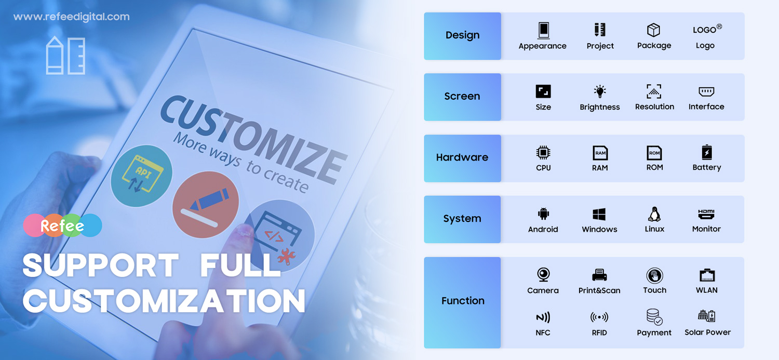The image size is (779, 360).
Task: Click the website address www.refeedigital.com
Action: [71, 17]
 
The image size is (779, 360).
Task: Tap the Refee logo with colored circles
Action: [63, 225]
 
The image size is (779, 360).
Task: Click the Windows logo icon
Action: [599, 214]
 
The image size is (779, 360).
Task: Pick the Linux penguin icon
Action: [654, 214]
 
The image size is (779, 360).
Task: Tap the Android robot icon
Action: [543, 214]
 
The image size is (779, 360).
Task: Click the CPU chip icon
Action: [543, 153]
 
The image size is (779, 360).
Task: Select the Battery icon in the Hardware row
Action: [707, 152]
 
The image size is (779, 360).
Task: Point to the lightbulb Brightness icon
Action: [599, 91]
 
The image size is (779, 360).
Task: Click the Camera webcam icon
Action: [543, 275]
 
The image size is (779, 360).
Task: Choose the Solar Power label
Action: [707, 332]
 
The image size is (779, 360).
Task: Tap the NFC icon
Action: [543, 317]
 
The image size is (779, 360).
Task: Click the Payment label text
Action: [654, 332]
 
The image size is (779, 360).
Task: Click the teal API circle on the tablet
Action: [141, 176]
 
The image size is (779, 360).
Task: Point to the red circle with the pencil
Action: [206, 205]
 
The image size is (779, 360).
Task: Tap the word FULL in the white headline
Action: [240, 265]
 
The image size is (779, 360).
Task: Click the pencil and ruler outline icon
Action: [65, 55]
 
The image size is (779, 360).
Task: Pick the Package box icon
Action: [654, 30]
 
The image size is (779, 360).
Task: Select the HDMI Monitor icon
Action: [706, 214]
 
